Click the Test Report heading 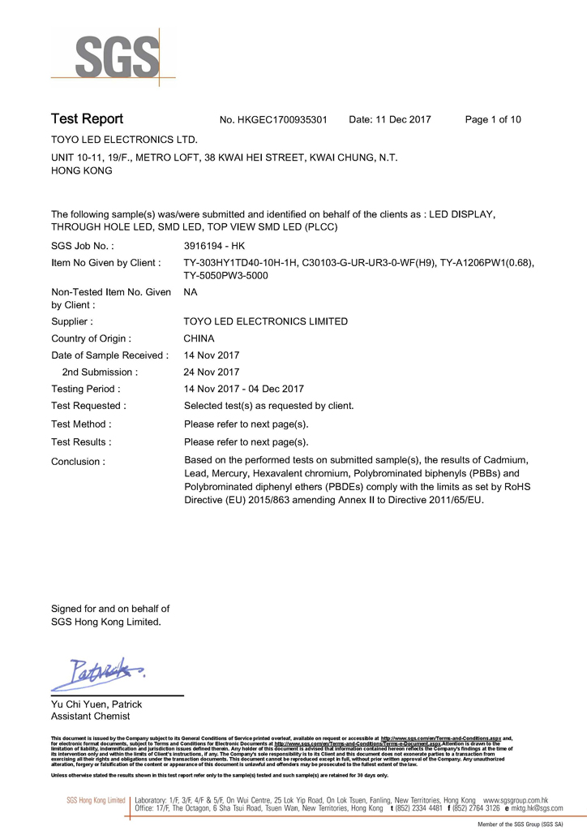click(87, 119)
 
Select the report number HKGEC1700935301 click(273, 120)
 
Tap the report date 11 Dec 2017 click(390, 120)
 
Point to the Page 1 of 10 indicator click(493, 120)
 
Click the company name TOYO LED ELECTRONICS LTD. click(124, 140)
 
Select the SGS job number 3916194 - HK click(214, 245)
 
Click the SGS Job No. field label click(83, 245)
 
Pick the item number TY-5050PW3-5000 click(226, 276)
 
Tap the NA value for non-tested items click(191, 291)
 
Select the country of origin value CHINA click(199, 338)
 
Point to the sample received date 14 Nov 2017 click(212, 355)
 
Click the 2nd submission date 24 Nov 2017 click(212, 372)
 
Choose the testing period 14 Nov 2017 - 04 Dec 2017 click(244, 389)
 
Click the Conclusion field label click(78, 462)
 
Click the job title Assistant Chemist click(90, 717)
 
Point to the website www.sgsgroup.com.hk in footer click(516, 800)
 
